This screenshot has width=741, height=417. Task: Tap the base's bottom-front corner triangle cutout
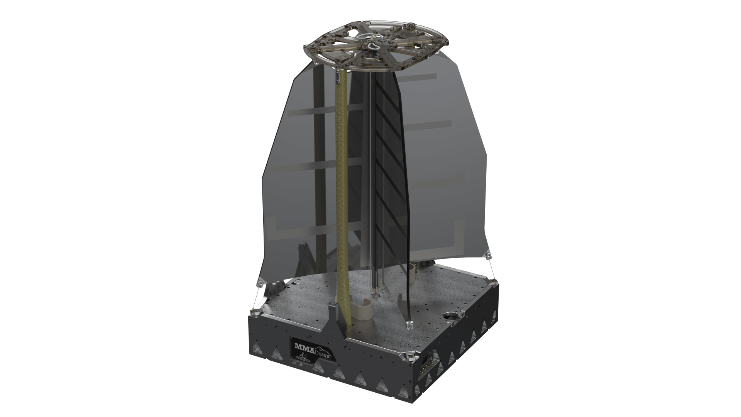tap(401, 400)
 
